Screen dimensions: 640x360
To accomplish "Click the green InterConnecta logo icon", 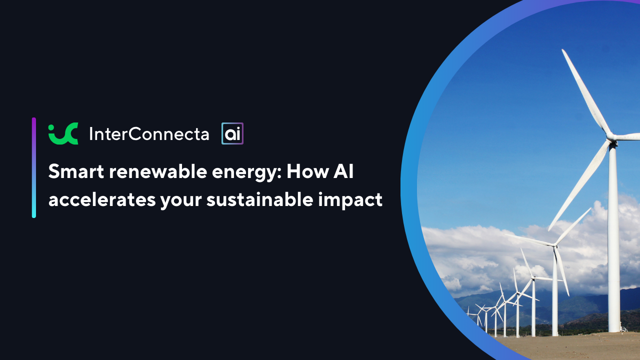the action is (63, 133).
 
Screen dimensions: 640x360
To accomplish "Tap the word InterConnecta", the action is (149, 133).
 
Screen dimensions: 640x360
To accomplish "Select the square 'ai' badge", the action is (232, 133).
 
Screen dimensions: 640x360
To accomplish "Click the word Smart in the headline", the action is (76, 171).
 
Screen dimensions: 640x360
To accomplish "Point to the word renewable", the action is (157, 171).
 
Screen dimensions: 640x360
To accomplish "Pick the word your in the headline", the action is (181, 201).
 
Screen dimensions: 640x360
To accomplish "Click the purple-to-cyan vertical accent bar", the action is (33, 167).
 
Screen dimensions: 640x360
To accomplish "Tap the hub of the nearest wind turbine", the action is (611, 137).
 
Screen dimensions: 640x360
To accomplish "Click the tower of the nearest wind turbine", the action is (613, 237).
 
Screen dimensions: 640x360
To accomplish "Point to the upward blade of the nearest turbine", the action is (585, 91).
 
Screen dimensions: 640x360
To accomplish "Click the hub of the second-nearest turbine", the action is (554, 245).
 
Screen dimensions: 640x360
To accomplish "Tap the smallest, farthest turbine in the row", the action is (468, 313).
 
